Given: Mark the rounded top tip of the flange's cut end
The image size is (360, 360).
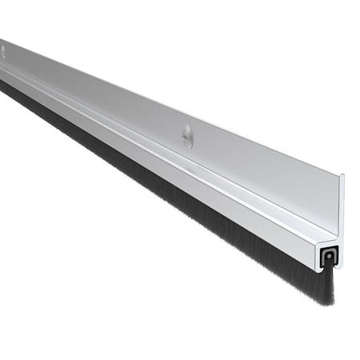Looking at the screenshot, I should (x=342, y=176).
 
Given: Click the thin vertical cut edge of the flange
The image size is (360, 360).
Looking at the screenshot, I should (x=341, y=208).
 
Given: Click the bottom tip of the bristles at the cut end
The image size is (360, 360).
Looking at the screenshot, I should (x=328, y=302).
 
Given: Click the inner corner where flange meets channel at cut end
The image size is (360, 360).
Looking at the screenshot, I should (x=337, y=238).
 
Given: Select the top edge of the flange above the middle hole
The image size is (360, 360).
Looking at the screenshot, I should (x=192, y=111).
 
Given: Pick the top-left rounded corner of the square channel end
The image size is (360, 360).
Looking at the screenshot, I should (x=317, y=242).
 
